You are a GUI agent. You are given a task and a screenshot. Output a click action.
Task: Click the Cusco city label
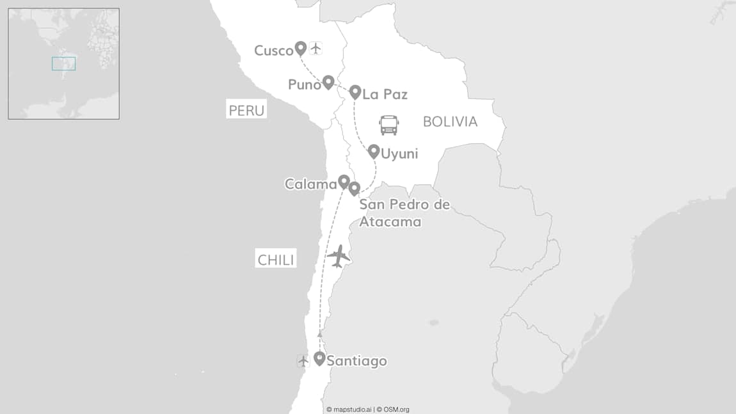click(273, 51)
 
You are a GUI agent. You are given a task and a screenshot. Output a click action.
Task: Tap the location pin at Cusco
click(300, 48)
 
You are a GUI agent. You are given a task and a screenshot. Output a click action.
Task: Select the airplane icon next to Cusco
click(316, 48)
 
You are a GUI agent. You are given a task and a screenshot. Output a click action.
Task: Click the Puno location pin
click(328, 81)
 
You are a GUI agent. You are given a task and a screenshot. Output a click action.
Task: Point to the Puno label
click(304, 84)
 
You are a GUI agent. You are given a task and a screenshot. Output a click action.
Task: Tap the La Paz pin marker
click(355, 92)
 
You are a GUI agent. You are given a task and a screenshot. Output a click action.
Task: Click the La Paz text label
click(385, 95)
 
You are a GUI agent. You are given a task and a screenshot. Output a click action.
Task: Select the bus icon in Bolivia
click(389, 125)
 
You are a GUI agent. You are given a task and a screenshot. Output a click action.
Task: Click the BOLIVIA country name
click(450, 122)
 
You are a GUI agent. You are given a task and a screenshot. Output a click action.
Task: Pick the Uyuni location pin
click(374, 151)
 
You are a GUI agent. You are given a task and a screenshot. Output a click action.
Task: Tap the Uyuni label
click(399, 154)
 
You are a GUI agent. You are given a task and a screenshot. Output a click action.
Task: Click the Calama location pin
click(344, 182)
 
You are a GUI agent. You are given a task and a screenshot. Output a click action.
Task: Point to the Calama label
click(310, 184)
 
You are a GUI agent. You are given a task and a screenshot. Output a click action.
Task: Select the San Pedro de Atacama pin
click(354, 188)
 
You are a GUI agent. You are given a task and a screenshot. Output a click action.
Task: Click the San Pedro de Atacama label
click(404, 213)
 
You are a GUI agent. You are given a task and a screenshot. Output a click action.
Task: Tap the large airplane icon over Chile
click(339, 256)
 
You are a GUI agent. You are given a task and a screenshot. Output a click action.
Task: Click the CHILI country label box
click(276, 259)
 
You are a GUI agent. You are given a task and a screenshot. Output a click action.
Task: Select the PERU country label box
click(246, 110)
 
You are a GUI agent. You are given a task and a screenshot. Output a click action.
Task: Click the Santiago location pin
click(319, 358)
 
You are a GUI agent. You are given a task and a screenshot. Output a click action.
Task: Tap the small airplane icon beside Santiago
click(303, 361)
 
